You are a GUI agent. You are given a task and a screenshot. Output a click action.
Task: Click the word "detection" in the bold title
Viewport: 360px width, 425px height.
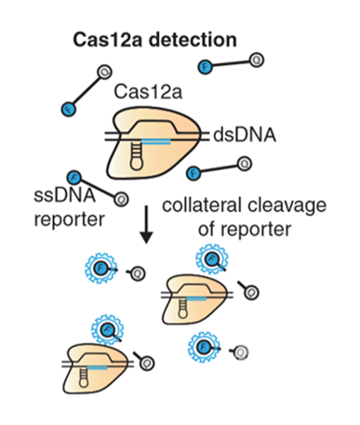click(186, 42)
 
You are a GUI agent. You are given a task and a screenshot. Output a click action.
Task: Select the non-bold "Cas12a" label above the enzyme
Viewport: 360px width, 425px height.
click(140, 92)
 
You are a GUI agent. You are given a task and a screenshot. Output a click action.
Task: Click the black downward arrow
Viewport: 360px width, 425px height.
click(146, 229)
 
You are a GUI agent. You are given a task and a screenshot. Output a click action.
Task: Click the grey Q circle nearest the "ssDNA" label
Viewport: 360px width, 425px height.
click(120, 197)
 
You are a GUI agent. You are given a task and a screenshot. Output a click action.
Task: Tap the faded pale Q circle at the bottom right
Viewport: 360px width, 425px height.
click(241, 352)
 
